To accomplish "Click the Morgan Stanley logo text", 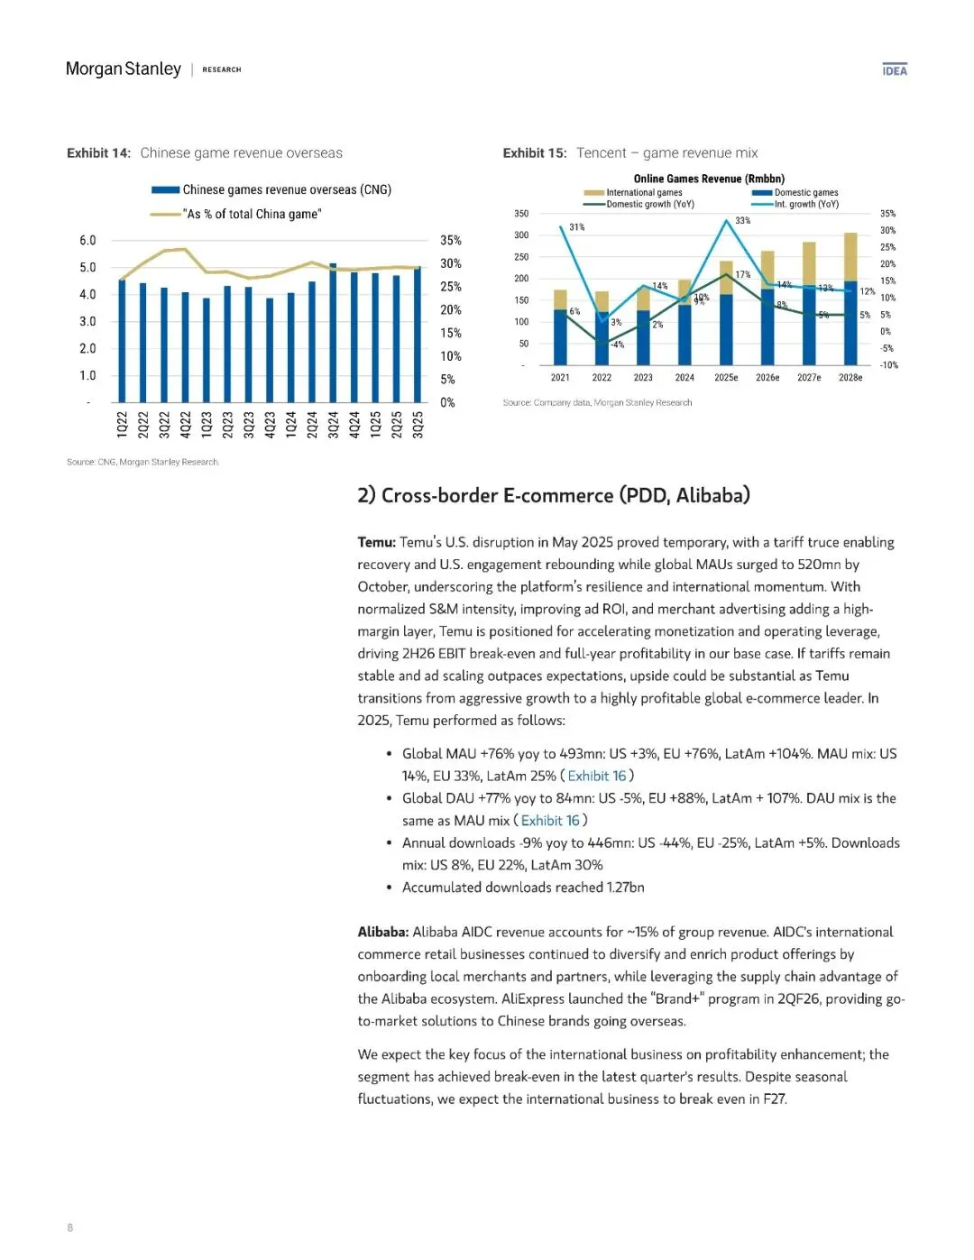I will (x=124, y=69).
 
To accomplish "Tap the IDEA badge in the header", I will (x=895, y=70).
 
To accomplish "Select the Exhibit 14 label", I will (x=98, y=153).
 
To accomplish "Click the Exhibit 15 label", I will (x=535, y=153).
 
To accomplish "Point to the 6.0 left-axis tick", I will (x=87, y=241).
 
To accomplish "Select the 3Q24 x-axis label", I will (x=333, y=425).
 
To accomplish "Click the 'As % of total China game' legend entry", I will (x=253, y=215).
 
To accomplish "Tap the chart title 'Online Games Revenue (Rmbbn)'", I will (x=709, y=179).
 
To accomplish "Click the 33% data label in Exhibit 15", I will (x=742, y=221).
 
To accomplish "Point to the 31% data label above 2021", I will (x=576, y=227).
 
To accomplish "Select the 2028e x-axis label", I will (x=850, y=378).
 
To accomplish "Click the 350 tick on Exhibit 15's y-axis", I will (x=521, y=214).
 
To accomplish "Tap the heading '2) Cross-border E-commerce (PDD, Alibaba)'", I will (x=554, y=495).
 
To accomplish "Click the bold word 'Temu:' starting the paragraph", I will (x=376, y=542).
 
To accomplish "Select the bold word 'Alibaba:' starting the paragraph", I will (x=383, y=932).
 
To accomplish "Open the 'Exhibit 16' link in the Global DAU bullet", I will (x=550, y=821).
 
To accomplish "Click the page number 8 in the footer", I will (x=70, y=1228).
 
